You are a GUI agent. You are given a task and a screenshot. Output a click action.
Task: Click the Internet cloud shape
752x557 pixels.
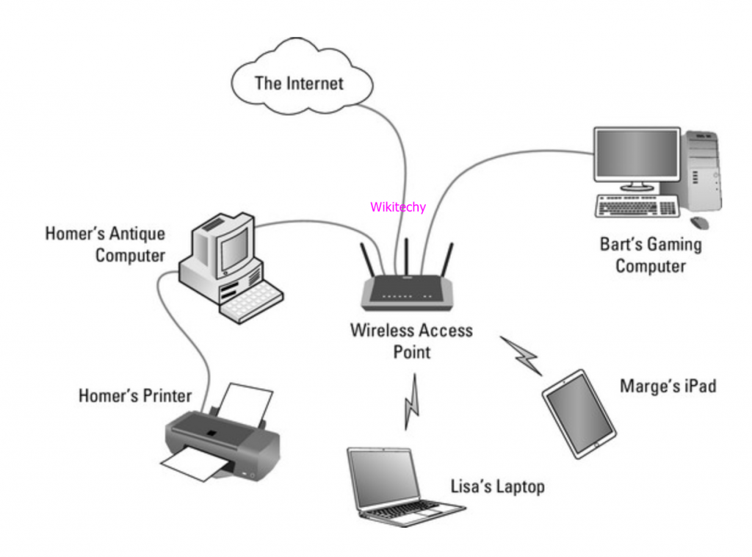[x=299, y=82]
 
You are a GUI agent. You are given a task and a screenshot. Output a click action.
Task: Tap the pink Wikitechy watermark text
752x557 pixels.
[x=397, y=207]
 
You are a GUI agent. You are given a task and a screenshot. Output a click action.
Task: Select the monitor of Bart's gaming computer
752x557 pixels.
[x=637, y=155]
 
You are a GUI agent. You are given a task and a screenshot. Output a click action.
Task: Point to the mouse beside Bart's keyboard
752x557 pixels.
[x=699, y=221]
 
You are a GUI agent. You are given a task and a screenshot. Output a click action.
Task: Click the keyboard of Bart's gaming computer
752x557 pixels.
[x=636, y=206]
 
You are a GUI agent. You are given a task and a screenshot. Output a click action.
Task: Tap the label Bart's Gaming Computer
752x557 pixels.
[x=650, y=255]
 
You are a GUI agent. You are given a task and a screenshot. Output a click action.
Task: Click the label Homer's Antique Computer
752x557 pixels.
[x=105, y=245]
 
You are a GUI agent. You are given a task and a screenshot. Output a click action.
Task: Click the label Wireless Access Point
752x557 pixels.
[x=411, y=340]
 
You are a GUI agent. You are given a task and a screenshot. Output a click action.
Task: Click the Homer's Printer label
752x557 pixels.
[x=134, y=396]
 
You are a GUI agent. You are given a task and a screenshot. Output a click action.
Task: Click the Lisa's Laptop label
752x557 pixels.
[x=497, y=486]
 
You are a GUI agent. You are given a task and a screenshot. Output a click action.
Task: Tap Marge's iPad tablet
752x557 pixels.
[x=579, y=413]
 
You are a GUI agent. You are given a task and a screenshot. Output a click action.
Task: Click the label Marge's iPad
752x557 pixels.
[x=668, y=385]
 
